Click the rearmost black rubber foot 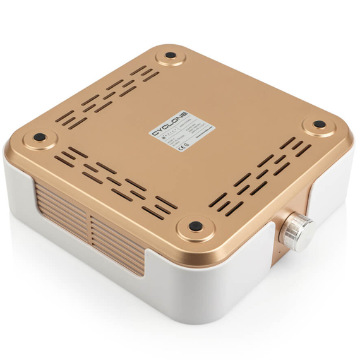tap(170, 55)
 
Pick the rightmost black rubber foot tap(320, 124)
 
